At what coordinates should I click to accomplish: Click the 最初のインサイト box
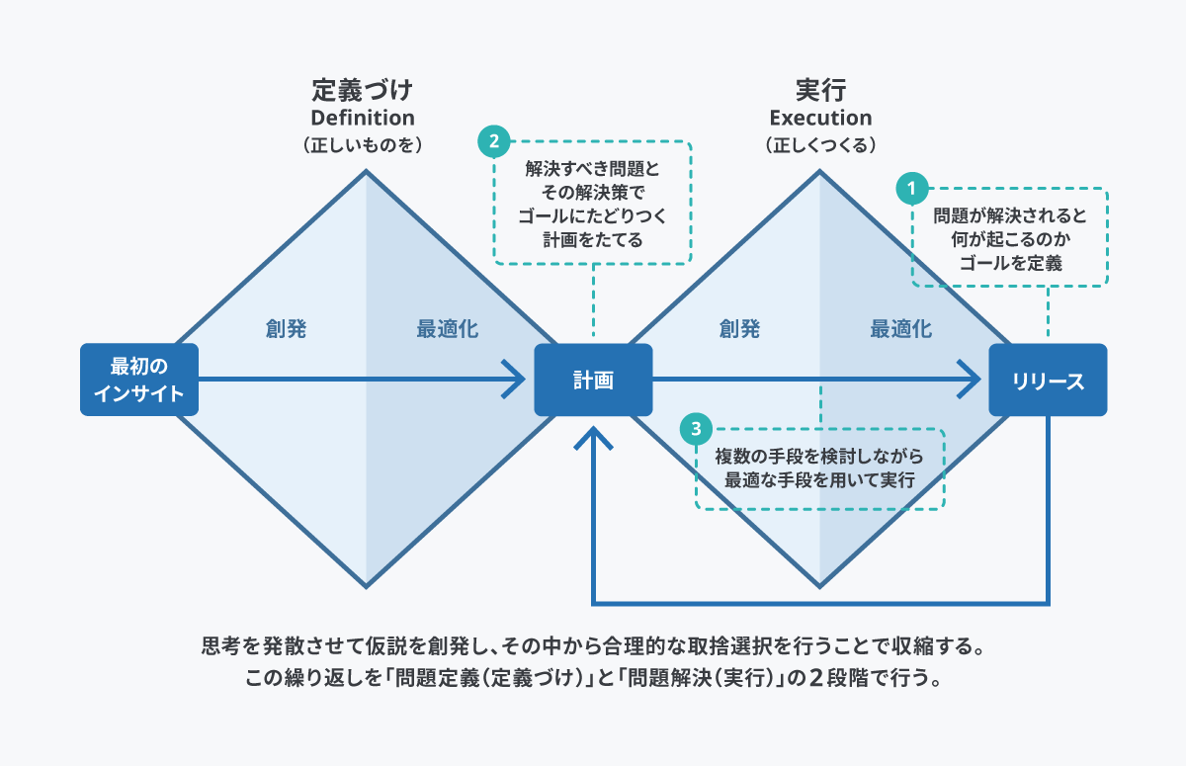[139, 380]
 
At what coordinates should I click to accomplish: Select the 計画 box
[593, 380]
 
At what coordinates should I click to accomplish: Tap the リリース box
[1048, 380]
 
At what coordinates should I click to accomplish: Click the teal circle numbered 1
[911, 185]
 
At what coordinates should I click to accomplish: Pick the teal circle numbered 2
[492, 140]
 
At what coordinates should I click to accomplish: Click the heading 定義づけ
[363, 91]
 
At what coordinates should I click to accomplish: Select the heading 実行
[820, 91]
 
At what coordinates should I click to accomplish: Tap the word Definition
[363, 118]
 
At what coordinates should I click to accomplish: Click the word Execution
[820, 118]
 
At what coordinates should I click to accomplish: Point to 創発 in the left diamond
[286, 329]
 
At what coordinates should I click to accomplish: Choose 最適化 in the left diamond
[447, 329]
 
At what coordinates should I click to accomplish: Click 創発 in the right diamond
[740, 329]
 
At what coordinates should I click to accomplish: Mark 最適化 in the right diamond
[900, 329]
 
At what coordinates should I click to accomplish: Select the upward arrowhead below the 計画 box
[593, 439]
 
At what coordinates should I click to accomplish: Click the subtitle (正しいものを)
[363, 144]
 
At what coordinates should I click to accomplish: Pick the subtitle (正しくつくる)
[820, 144]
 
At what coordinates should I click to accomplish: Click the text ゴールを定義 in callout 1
[1009, 262]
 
